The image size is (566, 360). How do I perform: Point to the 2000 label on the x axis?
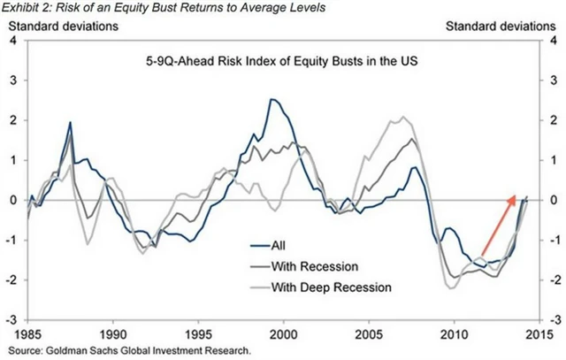[x=284, y=335]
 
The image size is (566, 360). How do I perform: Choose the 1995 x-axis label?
[x=199, y=335]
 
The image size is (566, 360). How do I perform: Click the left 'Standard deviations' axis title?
[x=64, y=25]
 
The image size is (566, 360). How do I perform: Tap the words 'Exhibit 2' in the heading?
[x=28, y=8]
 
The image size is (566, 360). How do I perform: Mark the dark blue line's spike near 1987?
[x=70, y=123]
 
